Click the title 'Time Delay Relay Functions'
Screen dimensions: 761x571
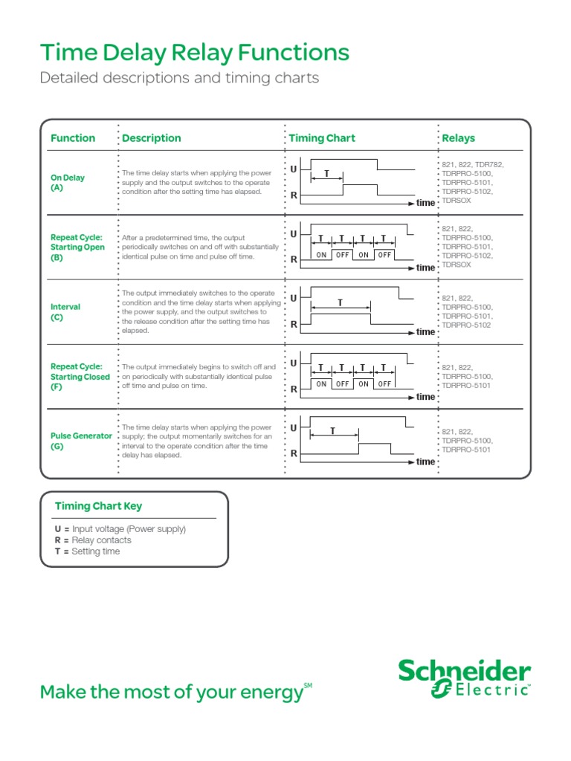[x=194, y=53]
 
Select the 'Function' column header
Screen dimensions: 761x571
[x=73, y=138]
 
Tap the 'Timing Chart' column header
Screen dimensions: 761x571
[x=321, y=138]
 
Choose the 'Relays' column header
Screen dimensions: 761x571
[x=458, y=138]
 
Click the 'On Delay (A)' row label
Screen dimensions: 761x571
[x=68, y=183]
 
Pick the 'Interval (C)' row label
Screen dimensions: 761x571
[x=65, y=312]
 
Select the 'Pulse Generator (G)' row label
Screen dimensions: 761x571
[x=81, y=441]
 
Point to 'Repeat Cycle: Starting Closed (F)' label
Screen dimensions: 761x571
[x=80, y=377]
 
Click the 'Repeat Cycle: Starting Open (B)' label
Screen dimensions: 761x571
[x=77, y=247]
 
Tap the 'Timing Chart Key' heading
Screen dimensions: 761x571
[x=98, y=506]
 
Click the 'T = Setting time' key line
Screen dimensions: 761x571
[x=87, y=551]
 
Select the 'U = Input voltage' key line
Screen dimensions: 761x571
[x=120, y=529]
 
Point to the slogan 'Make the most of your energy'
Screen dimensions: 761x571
[x=172, y=693]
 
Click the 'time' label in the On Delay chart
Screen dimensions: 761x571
[x=425, y=203]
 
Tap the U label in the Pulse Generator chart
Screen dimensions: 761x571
[x=294, y=428]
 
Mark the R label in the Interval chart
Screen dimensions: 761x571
[x=294, y=324]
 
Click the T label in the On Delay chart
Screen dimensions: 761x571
[x=326, y=173]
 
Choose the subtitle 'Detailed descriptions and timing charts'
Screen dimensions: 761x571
[x=178, y=78]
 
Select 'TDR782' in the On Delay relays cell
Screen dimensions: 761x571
[x=488, y=164]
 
